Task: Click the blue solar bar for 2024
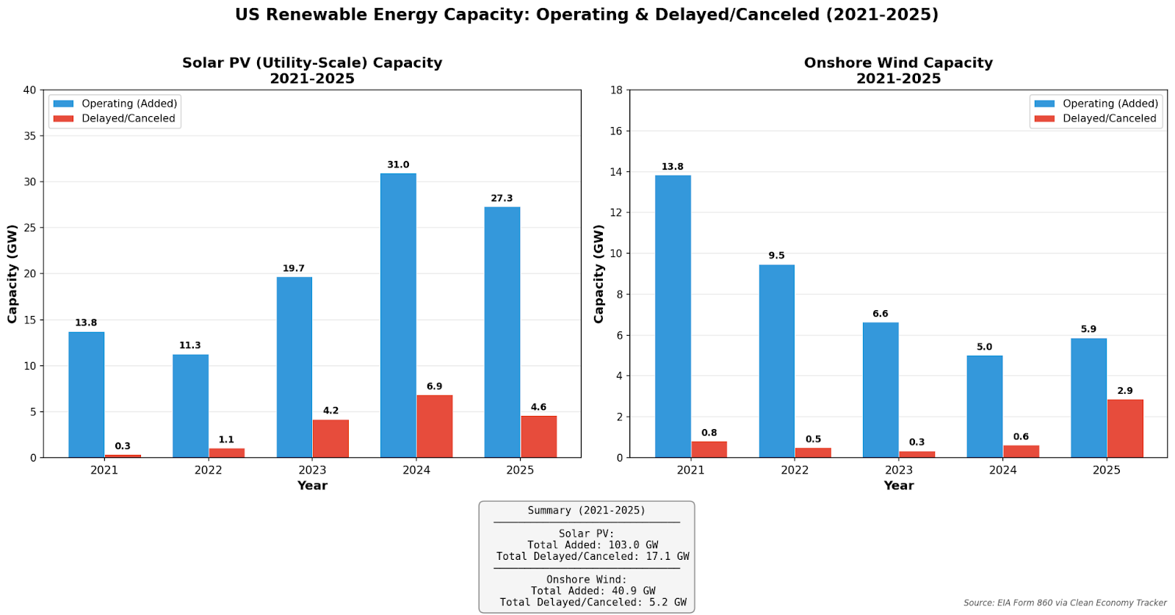(398, 316)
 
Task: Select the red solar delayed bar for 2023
(330, 439)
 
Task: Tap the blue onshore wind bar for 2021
(673, 316)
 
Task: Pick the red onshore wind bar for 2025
(1125, 428)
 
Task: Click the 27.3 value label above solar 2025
(502, 198)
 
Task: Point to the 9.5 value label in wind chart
(776, 256)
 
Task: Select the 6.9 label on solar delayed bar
(434, 386)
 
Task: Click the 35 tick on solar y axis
(29, 136)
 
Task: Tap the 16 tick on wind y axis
(615, 131)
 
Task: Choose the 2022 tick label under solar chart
(208, 470)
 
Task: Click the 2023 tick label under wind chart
(898, 470)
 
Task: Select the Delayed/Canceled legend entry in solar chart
(128, 118)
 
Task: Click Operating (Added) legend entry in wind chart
(1110, 104)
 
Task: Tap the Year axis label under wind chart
(898, 486)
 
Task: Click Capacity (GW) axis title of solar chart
(12, 274)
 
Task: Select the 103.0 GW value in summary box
(633, 545)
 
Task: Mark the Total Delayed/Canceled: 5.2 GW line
(593, 603)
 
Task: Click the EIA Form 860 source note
(1064, 603)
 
